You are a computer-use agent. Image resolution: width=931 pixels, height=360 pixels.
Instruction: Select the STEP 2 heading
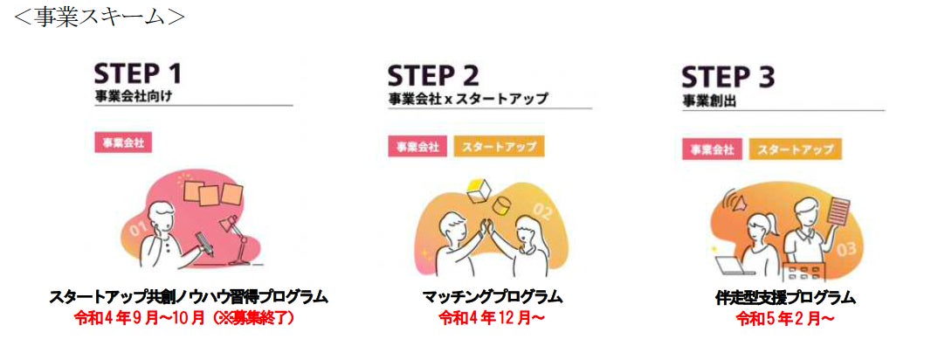(x=434, y=75)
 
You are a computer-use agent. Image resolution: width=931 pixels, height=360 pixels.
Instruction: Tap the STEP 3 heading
(x=728, y=78)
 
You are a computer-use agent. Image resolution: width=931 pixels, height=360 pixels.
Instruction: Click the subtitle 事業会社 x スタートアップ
(x=468, y=99)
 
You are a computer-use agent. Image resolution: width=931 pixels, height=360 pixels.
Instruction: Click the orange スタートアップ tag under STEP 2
(x=499, y=146)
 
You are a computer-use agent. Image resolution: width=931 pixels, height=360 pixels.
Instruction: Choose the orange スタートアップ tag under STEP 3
(x=793, y=149)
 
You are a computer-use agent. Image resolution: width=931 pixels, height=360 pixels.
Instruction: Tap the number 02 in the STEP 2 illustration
(x=541, y=211)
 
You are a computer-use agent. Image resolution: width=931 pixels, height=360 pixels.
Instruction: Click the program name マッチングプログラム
(x=492, y=297)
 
